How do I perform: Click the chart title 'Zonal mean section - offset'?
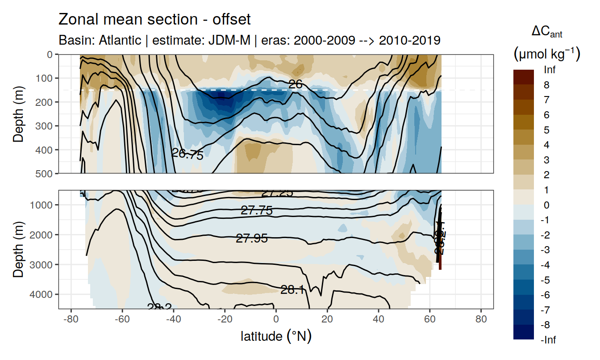(154, 20)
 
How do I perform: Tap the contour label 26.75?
(187, 155)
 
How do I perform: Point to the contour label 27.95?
(252, 239)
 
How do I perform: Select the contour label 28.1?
(292, 290)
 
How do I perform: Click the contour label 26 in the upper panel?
(296, 84)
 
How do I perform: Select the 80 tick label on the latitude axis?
(481, 320)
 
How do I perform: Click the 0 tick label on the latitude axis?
(276, 320)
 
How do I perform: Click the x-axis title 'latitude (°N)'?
(276, 336)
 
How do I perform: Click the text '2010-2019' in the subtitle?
(410, 40)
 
